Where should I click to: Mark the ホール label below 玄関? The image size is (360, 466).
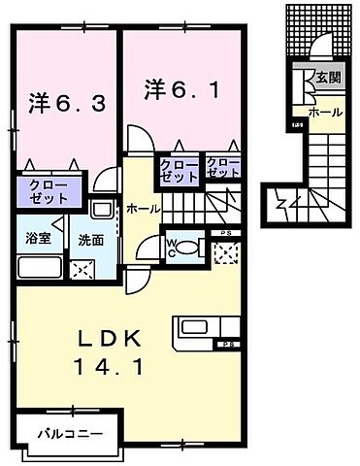pos(325,113)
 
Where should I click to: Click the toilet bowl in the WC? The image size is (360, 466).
pos(188,248)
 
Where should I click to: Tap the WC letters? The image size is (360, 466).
pos(171,248)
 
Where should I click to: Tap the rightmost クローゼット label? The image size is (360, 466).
pos(222,167)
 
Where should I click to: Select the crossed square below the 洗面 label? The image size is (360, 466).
pos(84,269)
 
